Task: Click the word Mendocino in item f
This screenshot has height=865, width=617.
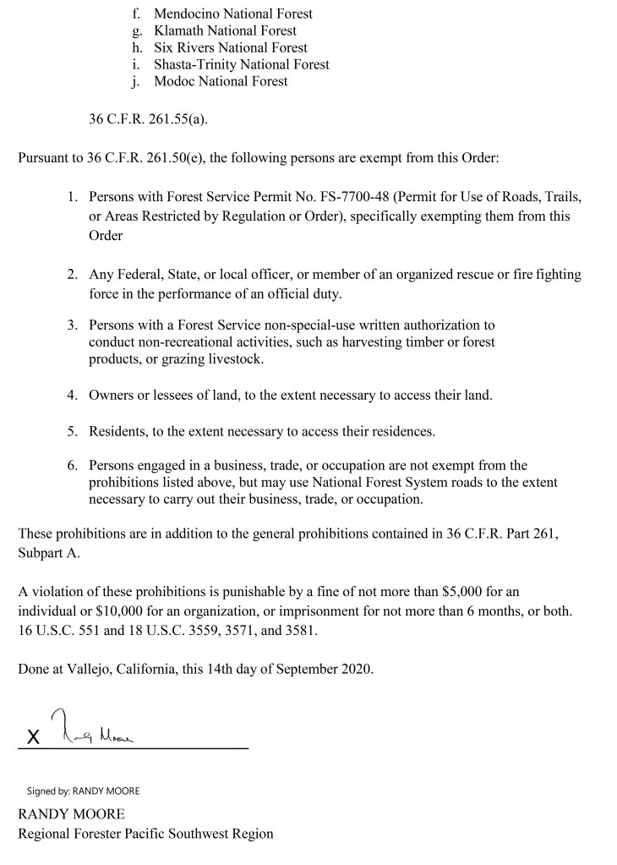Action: tap(187, 14)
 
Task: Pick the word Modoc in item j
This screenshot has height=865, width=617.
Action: tap(174, 81)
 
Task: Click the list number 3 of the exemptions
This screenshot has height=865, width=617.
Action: tap(73, 325)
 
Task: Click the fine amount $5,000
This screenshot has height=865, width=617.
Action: tap(456, 593)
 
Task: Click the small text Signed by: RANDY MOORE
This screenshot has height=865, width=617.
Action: tap(83, 791)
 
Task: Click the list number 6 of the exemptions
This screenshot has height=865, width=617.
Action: tap(73, 465)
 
